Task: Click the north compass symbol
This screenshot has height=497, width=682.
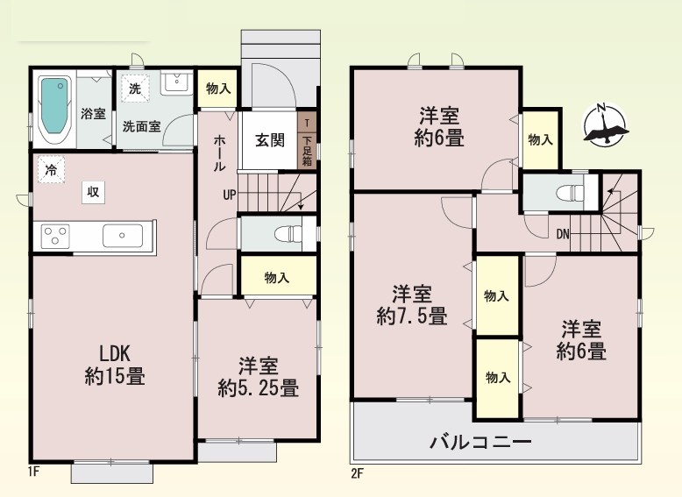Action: [606, 123]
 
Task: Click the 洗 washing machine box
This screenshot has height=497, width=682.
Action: [135, 89]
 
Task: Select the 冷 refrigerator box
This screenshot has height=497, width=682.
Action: [51, 169]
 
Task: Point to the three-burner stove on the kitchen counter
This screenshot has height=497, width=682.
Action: [55, 236]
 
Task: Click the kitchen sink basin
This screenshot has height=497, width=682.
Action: [122, 236]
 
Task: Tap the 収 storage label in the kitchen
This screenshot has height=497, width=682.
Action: [94, 192]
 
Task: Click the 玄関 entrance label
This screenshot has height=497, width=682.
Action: [270, 140]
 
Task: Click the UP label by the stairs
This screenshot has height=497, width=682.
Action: [229, 195]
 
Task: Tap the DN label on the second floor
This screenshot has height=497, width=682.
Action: [563, 234]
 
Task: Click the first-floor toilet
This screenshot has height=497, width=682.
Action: [288, 234]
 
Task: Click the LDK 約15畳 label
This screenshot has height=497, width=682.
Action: [115, 366]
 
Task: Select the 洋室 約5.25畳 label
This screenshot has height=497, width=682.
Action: [258, 378]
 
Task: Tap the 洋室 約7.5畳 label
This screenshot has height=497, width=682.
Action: [412, 305]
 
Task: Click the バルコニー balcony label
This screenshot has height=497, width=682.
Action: [480, 443]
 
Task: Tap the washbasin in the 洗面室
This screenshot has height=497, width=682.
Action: [176, 83]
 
